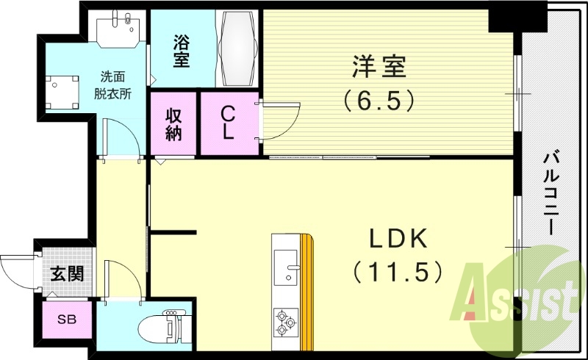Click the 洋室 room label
click(379, 68)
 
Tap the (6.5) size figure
click(379, 99)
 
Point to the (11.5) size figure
click(398, 272)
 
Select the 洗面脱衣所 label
click(117, 84)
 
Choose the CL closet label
click(229, 123)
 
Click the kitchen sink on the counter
click(286, 263)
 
